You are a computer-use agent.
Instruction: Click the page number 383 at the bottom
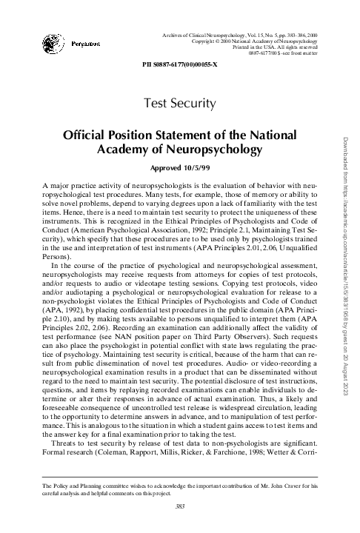(180, 506)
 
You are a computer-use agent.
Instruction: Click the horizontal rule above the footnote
(180, 473)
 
